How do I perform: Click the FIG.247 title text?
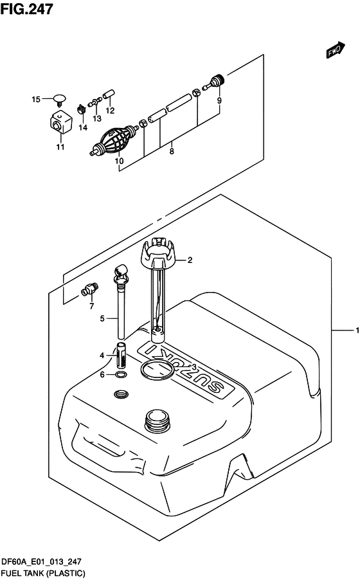coord(26,9)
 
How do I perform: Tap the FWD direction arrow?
coord(335,50)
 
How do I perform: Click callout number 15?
coord(36,99)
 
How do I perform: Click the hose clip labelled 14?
coord(82,109)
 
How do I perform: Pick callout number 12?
coord(110,110)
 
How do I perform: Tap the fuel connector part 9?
coord(215,82)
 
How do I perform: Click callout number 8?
coord(172,151)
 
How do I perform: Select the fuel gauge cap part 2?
coord(158,254)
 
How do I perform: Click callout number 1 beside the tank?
coord(357,330)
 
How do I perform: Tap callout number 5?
coord(102,318)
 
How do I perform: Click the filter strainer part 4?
coord(122,355)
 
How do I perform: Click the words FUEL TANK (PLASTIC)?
coord(43,574)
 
